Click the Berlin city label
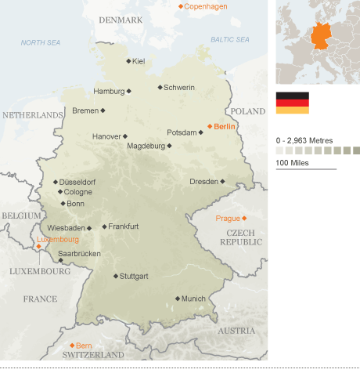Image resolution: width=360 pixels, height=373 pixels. pyautogui.click(x=225, y=126)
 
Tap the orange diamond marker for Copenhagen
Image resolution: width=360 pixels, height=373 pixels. pyautogui.click(x=180, y=6)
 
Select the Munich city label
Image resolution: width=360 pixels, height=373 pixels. pyautogui.click(x=193, y=299)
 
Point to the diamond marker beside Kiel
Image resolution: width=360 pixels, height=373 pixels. pyautogui.click(x=128, y=61)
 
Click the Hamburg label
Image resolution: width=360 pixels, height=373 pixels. pyautogui.click(x=109, y=91)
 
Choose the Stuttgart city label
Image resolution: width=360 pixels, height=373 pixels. pyautogui.click(x=135, y=276)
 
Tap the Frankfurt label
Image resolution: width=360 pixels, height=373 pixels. pyautogui.click(x=124, y=226)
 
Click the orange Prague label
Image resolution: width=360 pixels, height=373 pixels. pyautogui.click(x=228, y=218)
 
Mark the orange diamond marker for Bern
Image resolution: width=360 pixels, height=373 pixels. pyautogui.click(x=71, y=345)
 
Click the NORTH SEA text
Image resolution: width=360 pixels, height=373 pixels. pyautogui.click(x=41, y=43)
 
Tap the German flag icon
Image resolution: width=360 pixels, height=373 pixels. pyautogui.click(x=292, y=102)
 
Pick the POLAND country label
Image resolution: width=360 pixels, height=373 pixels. pyautogui.click(x=248, y=111)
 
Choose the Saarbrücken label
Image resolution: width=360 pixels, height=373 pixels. pyautogui.click(x=79, y=253)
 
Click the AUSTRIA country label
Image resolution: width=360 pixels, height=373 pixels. pyautogui.click(x=236, y=331)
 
